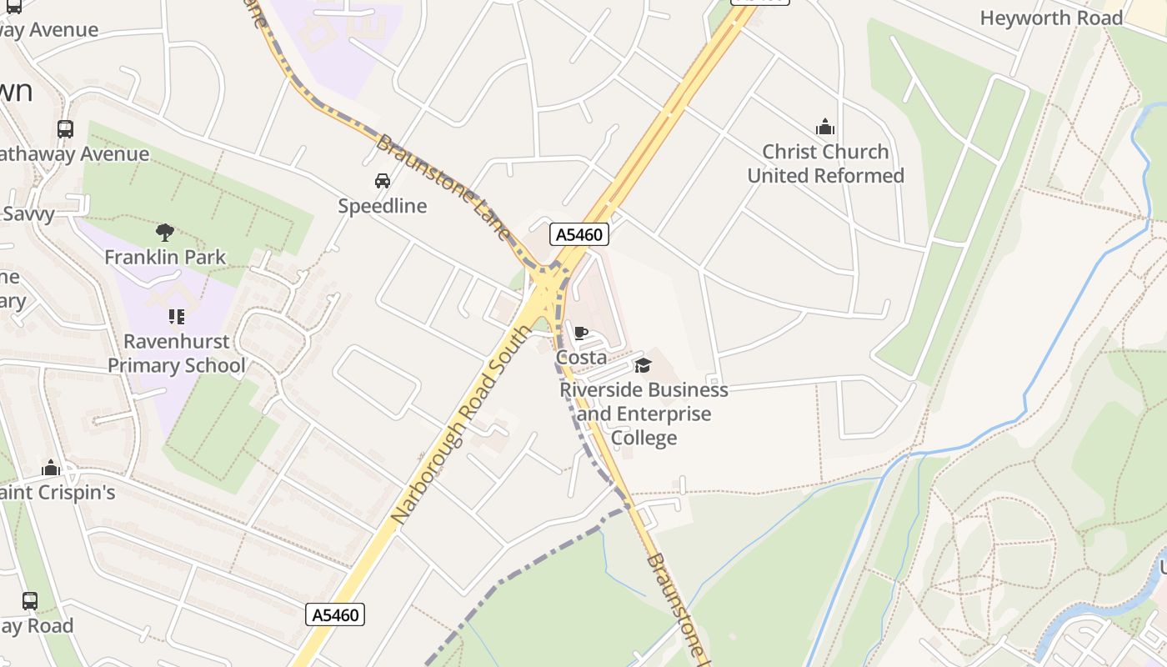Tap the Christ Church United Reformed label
[825, 163]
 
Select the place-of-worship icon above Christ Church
[825, 127]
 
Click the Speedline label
[383, 206]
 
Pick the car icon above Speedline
[383, 180]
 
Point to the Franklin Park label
[165, 257]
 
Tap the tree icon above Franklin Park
[165, 232]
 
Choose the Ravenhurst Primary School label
[177, 354]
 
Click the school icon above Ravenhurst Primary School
[176, 317]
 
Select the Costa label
[581, 357]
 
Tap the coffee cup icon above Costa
[581, 333]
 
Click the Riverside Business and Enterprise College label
[644, 414]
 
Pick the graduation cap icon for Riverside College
[643, 365]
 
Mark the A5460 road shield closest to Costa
[579, 234]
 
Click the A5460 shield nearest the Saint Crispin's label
[336, 615]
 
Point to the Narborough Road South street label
[459, 426]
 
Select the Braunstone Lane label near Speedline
[443, 188]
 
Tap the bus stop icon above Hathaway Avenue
[65, 128]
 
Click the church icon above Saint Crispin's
[52, 468]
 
